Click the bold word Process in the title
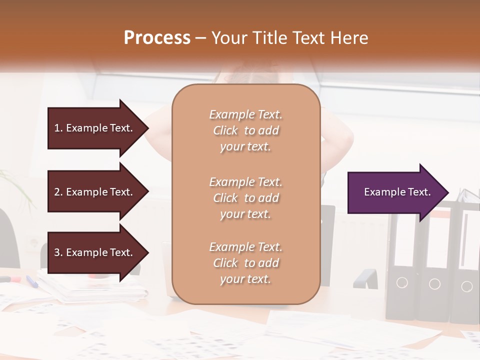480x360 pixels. pos(157,38)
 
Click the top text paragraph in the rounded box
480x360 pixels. pos(245,130)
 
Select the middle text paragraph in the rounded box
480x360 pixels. pos(245,198)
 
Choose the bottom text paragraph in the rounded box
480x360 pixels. pos(245,263)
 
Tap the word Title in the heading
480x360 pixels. pos(271,38)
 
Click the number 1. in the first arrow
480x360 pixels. pos(58,128)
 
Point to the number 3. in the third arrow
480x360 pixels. pos(58,252)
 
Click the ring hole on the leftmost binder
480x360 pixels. pos(402,283)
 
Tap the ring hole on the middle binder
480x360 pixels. pos(434,284)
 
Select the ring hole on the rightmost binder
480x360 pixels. pos(466,286)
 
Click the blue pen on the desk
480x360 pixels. pos(32,281)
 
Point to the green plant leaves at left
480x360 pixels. pos(15,185)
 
